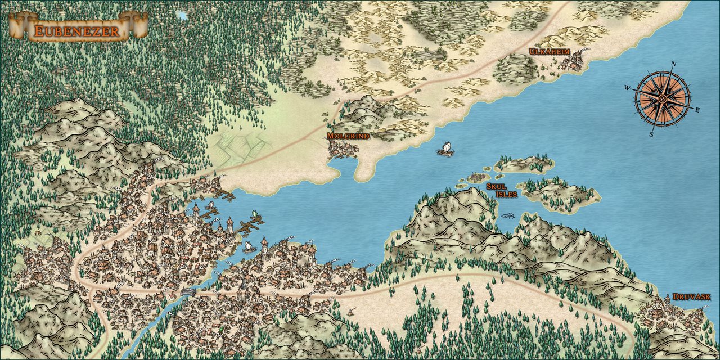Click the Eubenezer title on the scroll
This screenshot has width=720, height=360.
coord(76,31)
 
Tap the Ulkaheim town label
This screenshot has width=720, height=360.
coord(550,52)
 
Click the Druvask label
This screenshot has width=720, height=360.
coord(692,296)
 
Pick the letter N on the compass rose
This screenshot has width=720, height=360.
coord(673,64)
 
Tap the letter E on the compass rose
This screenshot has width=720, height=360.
coord(697,110)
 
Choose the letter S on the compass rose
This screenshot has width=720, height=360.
coord(652,134)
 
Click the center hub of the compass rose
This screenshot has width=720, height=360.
coord(663,99)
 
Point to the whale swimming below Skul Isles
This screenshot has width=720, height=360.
coord(508,215)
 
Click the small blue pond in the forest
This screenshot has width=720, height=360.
coord(181,15)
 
